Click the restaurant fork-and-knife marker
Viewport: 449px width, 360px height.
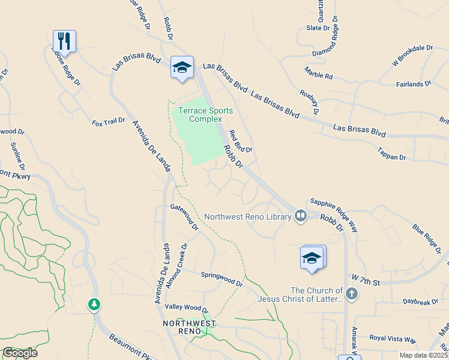[64, 41]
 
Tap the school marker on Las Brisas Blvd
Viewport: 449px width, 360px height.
[182, 67]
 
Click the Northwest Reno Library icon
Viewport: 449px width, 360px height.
[301, 215]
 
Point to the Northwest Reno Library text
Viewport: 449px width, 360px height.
[247, 217]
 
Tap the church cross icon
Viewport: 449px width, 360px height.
[352, 294]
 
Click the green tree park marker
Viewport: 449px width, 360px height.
[94, 305]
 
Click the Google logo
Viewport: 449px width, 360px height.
[20, 353]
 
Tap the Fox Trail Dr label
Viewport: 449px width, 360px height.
[108, 122]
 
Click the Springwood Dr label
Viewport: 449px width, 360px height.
[221, 278]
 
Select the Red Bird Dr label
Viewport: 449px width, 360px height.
[241, 142]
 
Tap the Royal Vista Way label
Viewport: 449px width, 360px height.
[393, 338]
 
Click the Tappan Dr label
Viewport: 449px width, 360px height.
[392, 154]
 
